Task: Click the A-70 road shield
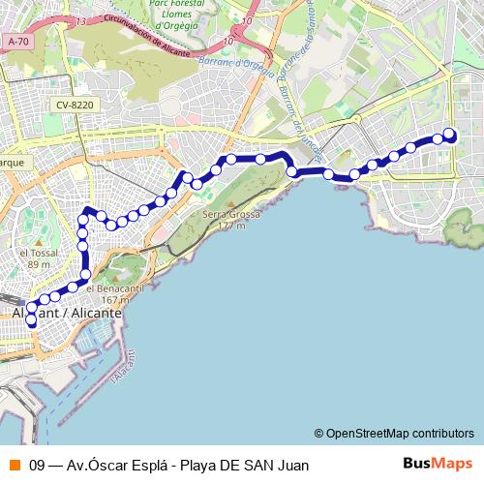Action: (16, 42)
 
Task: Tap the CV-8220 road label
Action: (75, 106)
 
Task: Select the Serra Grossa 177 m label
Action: (224, 220)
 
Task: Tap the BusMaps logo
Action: (438, 464)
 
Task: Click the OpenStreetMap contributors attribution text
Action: (400, 433)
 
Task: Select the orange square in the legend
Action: (13, 465)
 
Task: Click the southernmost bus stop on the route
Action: (32, 320)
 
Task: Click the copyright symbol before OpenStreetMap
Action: (319, 433)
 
